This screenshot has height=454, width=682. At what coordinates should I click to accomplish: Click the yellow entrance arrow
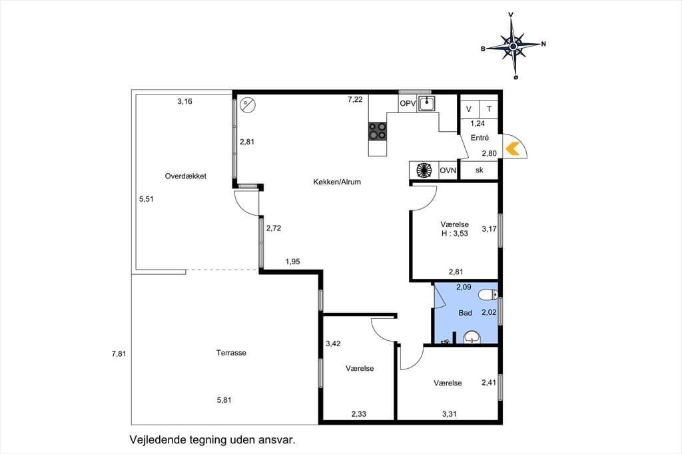[513, 148]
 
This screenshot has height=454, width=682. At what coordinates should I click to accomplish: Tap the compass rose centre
[513, 46]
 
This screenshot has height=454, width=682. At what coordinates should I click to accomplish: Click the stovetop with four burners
[378, 131]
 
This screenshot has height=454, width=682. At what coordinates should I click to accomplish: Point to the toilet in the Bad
[488, 296]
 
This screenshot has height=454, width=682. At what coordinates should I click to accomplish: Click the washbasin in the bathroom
[471, 337]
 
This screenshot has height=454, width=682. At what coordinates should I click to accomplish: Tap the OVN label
[448, 170]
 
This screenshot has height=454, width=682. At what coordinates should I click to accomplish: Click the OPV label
[408, 104]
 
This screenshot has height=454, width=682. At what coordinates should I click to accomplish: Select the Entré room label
[480, 138]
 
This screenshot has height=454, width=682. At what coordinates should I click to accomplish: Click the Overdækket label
[185, 176]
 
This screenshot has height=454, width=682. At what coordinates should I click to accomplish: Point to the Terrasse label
[231, 353]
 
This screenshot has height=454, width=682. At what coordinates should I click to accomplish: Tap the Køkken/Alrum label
[337, 182]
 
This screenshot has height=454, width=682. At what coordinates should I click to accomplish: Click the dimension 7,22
[355, 100]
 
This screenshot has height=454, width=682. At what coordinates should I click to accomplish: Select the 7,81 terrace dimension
[119, 354]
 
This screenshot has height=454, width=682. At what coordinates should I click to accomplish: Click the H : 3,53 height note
[455, 234]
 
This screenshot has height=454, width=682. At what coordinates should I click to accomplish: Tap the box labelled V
[469, 109]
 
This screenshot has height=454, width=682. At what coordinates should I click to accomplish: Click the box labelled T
[489, 109]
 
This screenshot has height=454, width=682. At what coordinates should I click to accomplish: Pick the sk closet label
[479, 170]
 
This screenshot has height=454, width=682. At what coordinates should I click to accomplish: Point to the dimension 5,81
[224, 400]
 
